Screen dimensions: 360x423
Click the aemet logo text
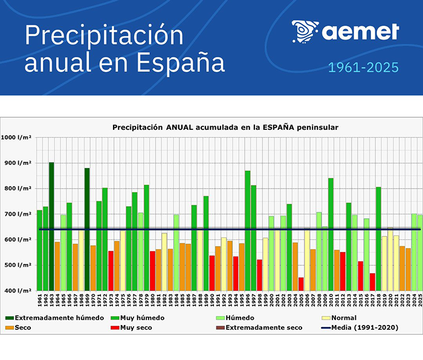[360, 31]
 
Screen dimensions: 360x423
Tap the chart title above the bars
[225, 127]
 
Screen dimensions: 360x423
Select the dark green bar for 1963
[51, 227]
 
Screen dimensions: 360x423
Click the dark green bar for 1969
[87, 230]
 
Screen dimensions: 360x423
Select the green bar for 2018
[378, 239]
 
